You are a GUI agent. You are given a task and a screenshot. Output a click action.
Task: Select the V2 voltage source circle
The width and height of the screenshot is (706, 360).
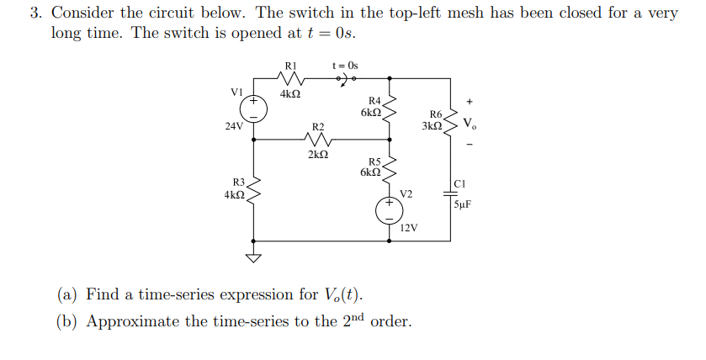point(390,211)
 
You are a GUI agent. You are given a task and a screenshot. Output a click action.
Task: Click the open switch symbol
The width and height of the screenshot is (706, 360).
point(346,79)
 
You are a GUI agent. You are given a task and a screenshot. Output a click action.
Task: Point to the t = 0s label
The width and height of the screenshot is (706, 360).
point(345,65)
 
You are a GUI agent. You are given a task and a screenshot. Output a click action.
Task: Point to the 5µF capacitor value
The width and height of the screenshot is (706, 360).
point(464,204)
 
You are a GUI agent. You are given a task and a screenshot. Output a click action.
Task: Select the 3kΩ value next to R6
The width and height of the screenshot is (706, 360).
point(432,126)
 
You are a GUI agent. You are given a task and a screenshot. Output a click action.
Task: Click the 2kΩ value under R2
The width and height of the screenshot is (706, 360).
point(318,155)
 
